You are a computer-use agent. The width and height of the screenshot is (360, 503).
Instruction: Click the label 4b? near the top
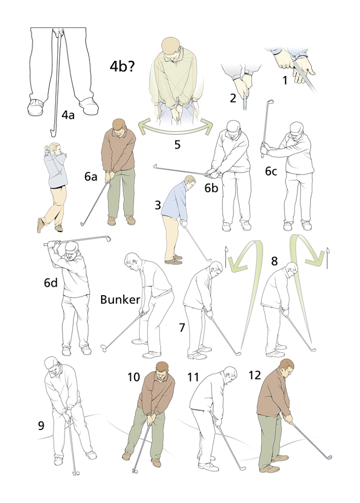[122, 67]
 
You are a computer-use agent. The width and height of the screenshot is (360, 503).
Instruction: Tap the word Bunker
[120, 299]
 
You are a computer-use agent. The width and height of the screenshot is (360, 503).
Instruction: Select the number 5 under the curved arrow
[177, 145]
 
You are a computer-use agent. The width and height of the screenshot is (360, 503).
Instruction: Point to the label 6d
[51, 282]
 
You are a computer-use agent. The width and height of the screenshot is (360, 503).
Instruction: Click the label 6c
[271, 171]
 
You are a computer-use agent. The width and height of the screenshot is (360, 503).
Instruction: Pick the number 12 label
[255, 375]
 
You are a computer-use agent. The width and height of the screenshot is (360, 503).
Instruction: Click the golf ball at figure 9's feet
[77, 473]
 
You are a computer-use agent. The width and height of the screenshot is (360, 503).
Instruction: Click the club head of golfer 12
[328, 457]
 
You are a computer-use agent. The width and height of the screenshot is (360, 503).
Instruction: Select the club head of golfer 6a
[83, 224]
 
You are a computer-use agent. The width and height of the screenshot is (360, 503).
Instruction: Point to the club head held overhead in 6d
[107, 239]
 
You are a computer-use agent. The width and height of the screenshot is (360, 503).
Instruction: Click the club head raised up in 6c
[271, 102]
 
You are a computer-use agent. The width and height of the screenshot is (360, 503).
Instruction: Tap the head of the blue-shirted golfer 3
[190, 182]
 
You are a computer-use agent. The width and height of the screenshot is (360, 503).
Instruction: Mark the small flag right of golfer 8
[327, 258]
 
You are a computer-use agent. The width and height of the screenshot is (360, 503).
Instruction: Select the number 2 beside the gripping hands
[233, 98]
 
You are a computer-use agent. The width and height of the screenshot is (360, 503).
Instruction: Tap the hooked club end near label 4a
[52, 132]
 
